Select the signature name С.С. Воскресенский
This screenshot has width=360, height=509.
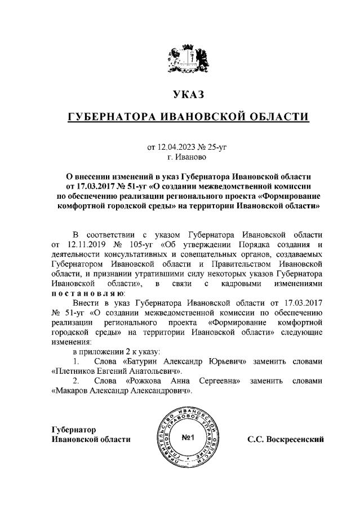(286, 439)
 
